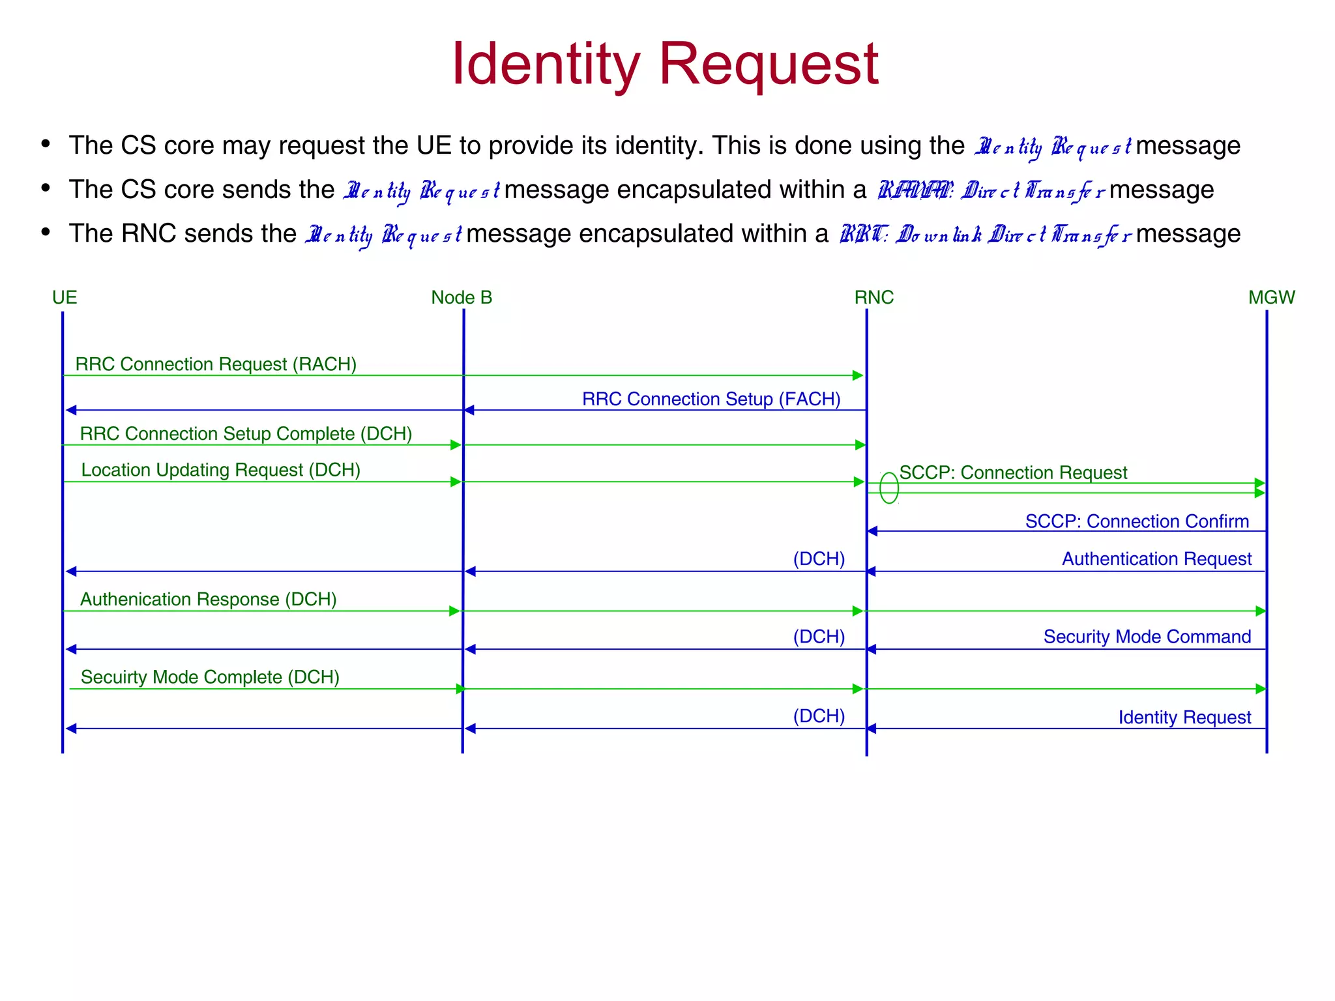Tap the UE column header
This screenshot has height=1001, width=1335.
tap(65, 298)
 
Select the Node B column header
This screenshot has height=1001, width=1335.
tap(462, 298)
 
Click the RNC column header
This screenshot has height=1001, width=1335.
tap(873, 298)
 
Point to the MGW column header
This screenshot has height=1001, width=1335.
tap(1271, 298)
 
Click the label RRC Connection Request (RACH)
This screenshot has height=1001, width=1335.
tap(216, 364)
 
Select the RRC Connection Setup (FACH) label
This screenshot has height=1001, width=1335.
tap(711, 399)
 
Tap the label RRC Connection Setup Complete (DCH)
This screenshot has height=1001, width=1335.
tap(246, 434)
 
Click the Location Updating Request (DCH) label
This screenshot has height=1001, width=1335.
tap(220, 470)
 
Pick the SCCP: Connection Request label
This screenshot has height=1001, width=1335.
tap(1013, 472)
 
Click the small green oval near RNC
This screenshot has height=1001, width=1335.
tap(889, 488)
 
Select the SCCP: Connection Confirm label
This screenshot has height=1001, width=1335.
tap(1137, 521)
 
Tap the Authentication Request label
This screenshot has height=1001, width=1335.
tap(1156, 559)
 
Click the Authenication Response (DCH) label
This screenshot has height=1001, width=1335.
tap(208, 600)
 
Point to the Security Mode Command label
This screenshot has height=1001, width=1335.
tap(1147, 637)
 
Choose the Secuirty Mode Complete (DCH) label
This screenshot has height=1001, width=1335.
tap(210, 677)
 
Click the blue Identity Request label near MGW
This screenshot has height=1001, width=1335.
tap(1184, 718)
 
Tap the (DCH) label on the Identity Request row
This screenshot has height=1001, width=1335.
tap(819, 716)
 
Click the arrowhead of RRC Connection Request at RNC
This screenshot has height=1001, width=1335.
tap(858, 375)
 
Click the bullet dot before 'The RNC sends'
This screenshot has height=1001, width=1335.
tap(46, 232)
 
